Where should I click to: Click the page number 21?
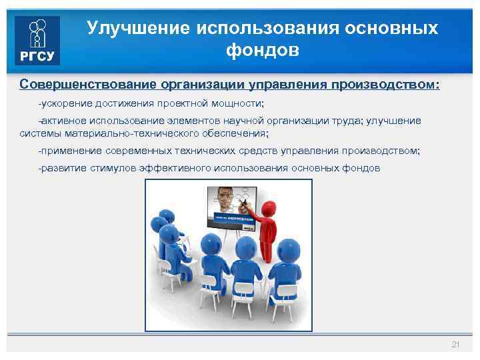click(455, 344)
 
